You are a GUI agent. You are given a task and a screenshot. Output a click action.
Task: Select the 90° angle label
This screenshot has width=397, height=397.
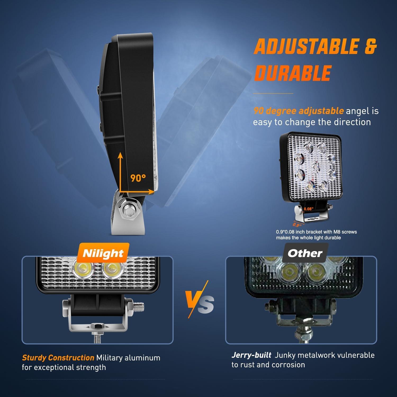138,178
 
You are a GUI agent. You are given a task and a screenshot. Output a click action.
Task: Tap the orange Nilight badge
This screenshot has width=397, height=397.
103,253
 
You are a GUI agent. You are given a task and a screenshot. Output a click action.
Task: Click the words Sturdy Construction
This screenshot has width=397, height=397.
58,358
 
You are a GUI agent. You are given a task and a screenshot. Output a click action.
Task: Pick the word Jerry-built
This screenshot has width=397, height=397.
251,355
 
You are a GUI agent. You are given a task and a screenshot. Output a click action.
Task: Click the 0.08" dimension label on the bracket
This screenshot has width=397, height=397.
308,209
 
